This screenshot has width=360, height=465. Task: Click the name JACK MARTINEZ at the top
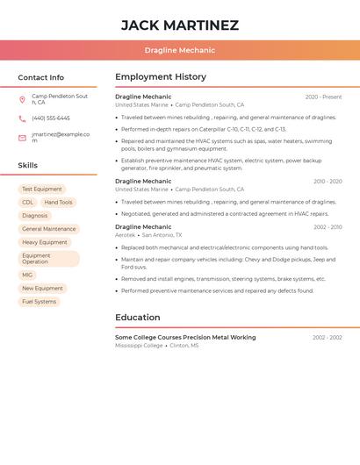[x=179, y=25]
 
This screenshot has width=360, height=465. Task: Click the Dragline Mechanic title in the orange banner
[x=179, y=50]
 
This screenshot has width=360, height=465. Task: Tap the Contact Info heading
[x=40, y=77]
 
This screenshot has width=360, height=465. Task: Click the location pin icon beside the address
[x=22, y=99]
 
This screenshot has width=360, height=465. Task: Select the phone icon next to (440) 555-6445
[x=22, y=118]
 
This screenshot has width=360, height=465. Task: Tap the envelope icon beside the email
[x=22, y=138]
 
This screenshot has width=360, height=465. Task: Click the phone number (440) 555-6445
[x=51, y=118]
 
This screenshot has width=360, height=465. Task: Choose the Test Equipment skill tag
[x=41, y=189]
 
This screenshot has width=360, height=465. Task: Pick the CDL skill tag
[x=28, y=202]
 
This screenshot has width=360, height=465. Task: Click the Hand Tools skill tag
[x=58, y=202]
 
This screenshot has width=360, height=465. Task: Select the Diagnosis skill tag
[x=35, y=215]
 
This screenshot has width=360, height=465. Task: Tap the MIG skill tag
[x=27, y=275]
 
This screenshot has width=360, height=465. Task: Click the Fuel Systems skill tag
[x=39, y=301]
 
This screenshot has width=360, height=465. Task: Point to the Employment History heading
[x=161, y=77]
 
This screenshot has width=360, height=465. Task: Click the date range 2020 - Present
[x=323, y=97]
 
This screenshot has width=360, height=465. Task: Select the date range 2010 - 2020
[x=327, y=182]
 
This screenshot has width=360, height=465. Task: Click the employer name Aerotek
[x=125, y=235]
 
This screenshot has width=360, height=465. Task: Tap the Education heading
[x=137, y=318]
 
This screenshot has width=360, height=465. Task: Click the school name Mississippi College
[x=139, y=346]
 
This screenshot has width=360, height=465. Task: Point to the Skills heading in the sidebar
[x=27, y=165]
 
